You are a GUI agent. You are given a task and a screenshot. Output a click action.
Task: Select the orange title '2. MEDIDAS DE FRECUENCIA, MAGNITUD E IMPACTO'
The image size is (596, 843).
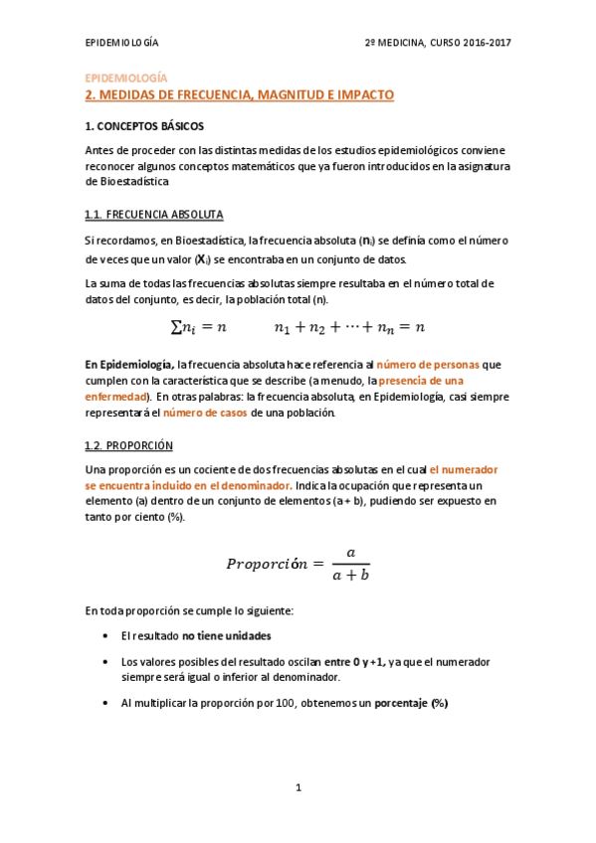point(240,95)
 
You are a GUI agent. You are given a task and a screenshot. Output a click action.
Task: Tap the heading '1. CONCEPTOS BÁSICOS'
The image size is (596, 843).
point(144,127)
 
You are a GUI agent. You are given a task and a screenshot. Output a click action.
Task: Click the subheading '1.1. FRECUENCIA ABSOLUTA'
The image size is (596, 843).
point(154,215)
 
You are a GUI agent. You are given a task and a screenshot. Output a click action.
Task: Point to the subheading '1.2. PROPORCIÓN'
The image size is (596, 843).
point(129,445)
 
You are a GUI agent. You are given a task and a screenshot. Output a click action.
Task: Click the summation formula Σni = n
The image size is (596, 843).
point(199,326)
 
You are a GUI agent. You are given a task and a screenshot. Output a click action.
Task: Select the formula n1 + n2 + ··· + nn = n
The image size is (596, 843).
point(349,326)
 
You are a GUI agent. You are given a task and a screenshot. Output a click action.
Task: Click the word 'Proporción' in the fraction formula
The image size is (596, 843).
point(268,564)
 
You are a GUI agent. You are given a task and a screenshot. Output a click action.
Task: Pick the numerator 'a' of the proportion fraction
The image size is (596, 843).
point(349,552)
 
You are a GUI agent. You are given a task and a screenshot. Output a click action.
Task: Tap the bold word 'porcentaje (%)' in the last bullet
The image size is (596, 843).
point(411,703)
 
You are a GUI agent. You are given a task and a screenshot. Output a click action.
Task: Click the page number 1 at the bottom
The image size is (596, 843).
point(298,788)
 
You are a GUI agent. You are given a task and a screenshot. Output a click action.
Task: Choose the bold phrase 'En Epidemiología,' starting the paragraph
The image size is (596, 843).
point(129,365)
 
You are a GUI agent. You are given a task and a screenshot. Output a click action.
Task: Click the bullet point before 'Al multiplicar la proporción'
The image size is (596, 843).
point(106,703)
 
